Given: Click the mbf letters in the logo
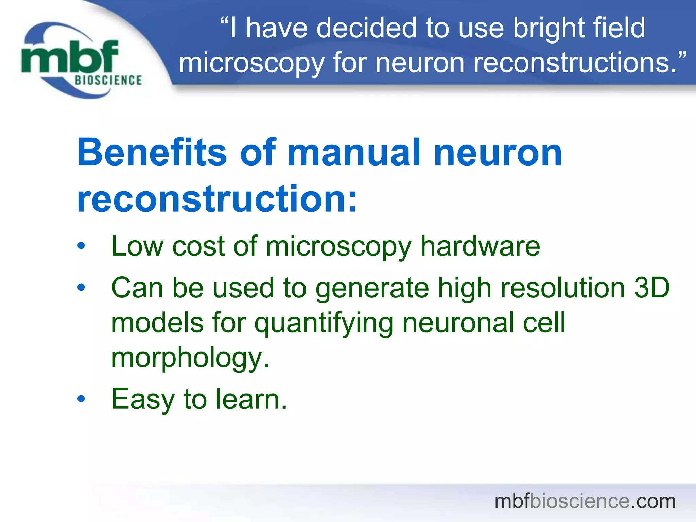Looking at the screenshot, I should tap(70, 57).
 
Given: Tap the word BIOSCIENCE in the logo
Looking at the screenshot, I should tap(108, 81).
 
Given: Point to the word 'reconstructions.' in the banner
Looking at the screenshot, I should tap(579, 63).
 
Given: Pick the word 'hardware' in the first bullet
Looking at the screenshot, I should tap(480, 246).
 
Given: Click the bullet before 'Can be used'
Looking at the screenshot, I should tap(81, 288).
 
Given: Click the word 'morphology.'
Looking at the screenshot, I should tap(190, 359).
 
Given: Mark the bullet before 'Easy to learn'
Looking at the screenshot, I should tap(81, 399).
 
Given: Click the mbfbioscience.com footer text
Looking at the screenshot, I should tap(585, 501).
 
